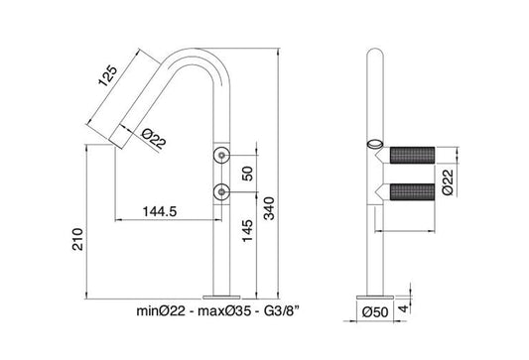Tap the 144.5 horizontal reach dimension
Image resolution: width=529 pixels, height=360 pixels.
160,211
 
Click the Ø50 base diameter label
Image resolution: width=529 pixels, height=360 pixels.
375,313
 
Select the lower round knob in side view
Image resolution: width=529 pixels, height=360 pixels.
222,191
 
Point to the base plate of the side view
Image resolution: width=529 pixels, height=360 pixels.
222,294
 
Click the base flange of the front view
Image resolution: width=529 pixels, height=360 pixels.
375,294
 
